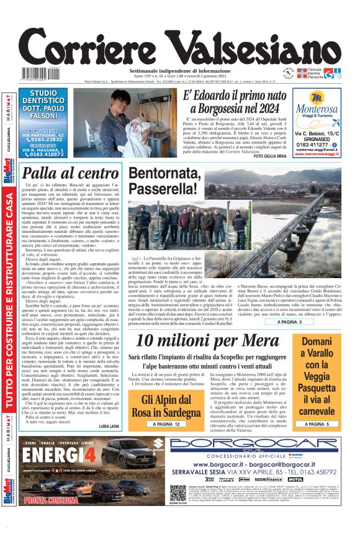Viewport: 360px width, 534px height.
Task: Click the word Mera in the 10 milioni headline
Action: coord(261,340)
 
